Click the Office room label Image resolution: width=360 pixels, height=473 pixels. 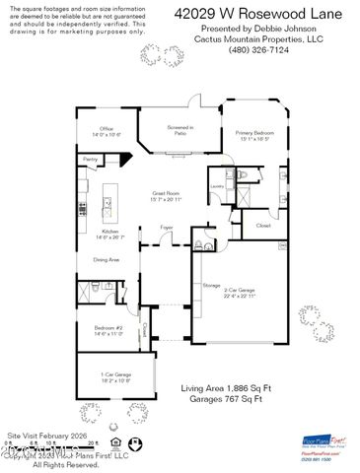pyautogui.click(x=106, y=129)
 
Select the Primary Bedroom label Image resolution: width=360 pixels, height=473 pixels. pyautogui.click(x=256, y=134)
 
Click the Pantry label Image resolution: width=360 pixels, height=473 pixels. pyautogui.click(x=90, y=158)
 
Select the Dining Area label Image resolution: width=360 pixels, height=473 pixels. pyautogui.click(x=107, y=259)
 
